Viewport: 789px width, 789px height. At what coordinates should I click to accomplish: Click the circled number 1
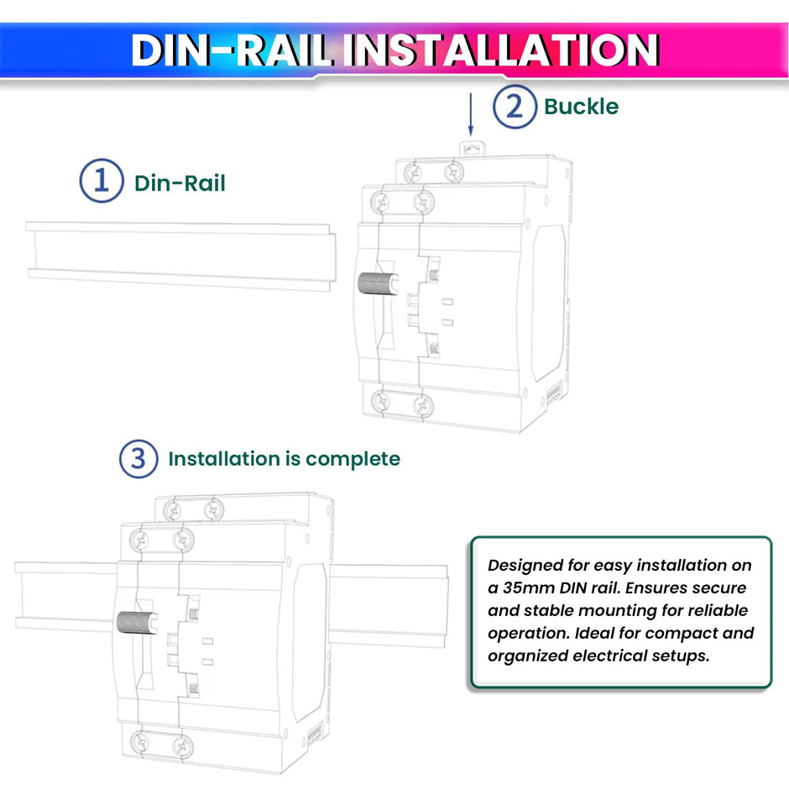point(102,181)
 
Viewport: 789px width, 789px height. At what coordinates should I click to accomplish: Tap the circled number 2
point(514,107)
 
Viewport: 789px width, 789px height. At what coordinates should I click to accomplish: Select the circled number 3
point(138,458)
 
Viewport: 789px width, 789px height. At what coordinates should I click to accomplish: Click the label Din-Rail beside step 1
point(180,183)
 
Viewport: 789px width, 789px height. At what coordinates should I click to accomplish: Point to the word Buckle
point(581,107)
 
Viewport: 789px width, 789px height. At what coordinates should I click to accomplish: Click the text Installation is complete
point(284,459)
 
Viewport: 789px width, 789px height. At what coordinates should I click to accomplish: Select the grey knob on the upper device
point(375,284)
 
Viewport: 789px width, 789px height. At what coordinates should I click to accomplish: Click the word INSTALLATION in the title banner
point(503,50)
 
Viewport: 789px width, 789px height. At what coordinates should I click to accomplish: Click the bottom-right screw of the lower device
point(180,745)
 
